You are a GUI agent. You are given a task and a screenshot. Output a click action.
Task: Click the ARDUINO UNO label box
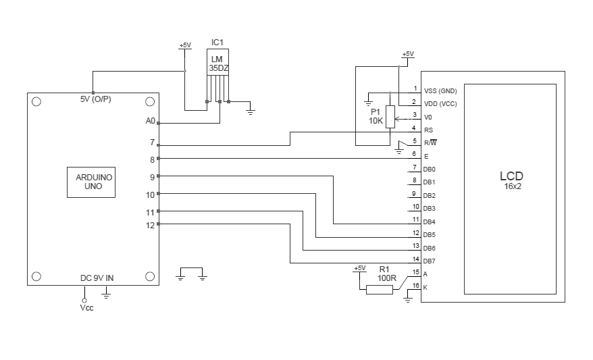pyautogui.click(x=91, y=181)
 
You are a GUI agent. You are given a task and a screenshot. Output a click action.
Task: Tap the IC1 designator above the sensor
pyautogui.click(x=217, y=42)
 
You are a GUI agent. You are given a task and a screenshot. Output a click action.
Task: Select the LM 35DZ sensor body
pyautogui.click(x=217, y=64)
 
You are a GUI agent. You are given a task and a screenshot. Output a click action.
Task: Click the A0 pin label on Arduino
pyautogui.click(x=150, y=121)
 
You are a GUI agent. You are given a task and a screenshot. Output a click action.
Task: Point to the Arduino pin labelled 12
pyautogui.click(x=150, y=225)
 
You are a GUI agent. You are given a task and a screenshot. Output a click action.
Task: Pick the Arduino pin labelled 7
pyautogui.click(x=152, y=143)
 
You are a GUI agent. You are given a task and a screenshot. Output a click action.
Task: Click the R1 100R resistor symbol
pyautogui.click(x=379, y=290)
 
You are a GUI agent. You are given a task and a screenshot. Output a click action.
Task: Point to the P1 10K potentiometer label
pyautogui.click(x=375, y=115)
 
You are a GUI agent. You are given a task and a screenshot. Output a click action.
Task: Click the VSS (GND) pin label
pyautogui.click(x=440, y=91)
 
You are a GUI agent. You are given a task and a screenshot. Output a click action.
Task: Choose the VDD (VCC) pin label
pyautogui.click(x=440, y=103)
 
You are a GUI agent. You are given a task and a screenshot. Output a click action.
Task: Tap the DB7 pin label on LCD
pyautogui.click(x=429, y=261)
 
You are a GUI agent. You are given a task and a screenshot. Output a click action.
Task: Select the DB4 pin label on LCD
pyautogui.click(x=429, y=222)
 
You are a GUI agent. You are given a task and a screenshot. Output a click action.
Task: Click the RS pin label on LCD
pyautogui.click(x=428, y=130)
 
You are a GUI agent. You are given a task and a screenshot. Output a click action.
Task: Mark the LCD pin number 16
pyautogui.click(x=415, y=285)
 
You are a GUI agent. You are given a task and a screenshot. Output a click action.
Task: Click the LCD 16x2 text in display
pyautogui.click(x=511, y=180)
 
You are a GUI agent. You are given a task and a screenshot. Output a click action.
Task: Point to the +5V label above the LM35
pyautogui.click(x=184, y=45)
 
